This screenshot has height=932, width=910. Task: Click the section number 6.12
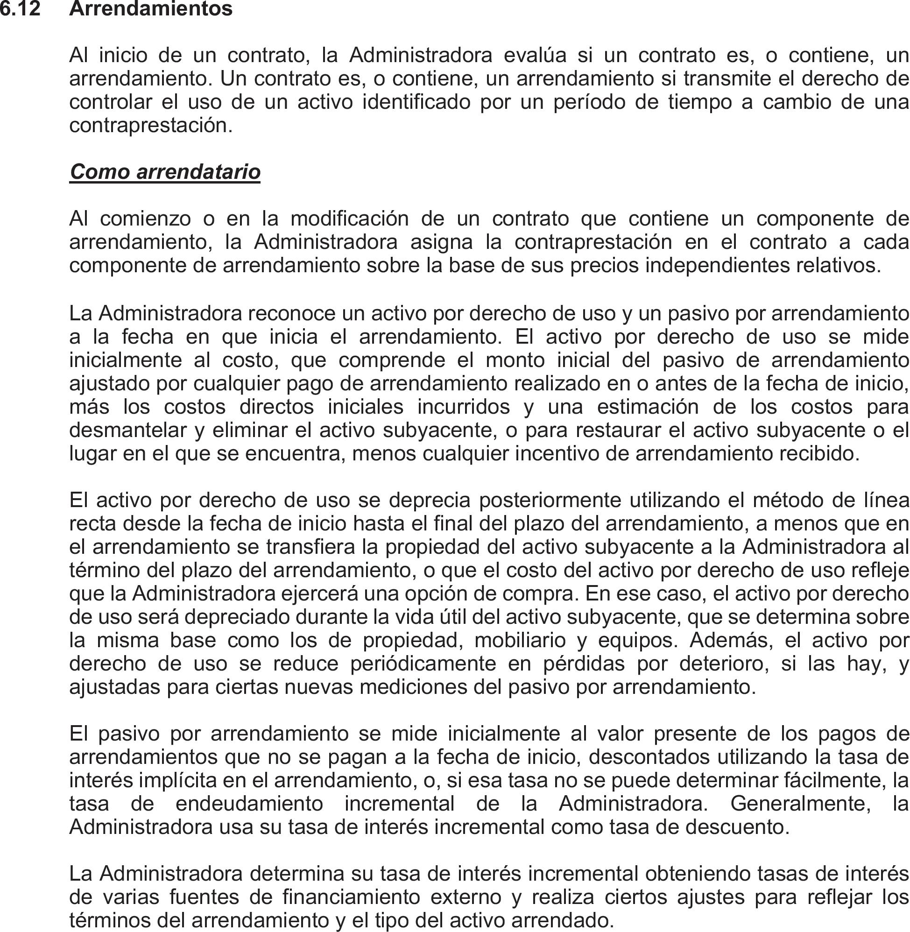tap(20, 9)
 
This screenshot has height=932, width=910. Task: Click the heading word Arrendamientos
tap(150, 9)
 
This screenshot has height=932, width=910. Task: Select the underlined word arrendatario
tap(198, 172)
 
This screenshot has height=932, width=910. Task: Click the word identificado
tap(416, 102)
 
